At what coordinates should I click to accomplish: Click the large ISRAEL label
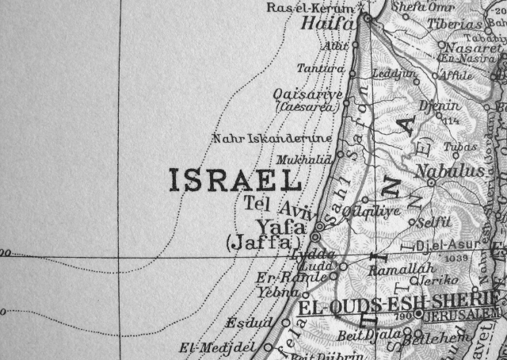click(x=235, y=180)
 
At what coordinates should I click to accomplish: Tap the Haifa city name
click(x=327, y=24)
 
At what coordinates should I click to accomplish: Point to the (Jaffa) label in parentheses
click(x=264, y=243)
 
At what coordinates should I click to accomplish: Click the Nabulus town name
click(x=449, y=171)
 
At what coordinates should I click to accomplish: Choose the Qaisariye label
click(x=307, y=94)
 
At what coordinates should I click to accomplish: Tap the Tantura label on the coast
click(x=320, y=69)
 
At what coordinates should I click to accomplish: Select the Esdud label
click(x=242, y=323)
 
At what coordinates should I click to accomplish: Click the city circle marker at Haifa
click(x=368, y=17)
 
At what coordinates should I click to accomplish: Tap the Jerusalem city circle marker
click(x=417, y=314)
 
